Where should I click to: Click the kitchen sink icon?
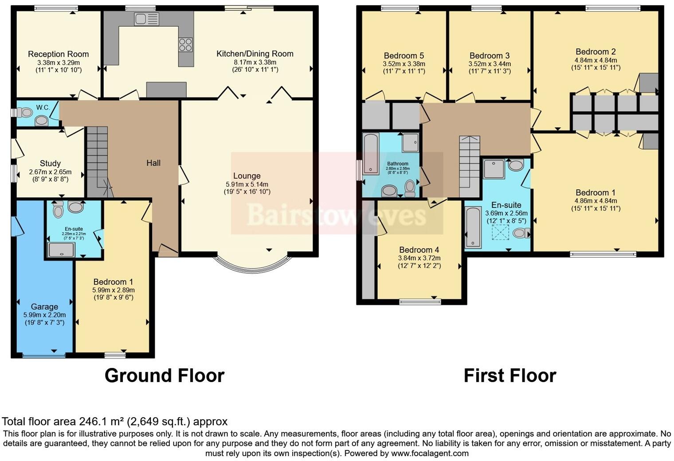(x=146, y=19)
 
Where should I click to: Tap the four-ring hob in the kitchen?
(x=185, y=45)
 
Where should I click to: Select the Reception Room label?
(x=58, y=54)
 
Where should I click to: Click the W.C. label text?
(x=43, y=107)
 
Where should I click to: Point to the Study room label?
(x=50, y=163)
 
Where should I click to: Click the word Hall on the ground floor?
(x=153, y=163)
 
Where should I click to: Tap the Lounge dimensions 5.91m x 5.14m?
(x=247, y=184)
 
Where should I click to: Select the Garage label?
(x=44, y=307)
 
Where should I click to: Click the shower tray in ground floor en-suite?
(x=61, y=250)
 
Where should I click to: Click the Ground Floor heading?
(x=164, y=375)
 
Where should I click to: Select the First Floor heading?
(x=509, y=375)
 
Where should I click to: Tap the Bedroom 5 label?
(x=404, y=55)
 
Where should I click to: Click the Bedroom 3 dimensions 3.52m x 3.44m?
(x=490, y=63)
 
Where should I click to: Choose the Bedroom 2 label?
(x=596, y=51)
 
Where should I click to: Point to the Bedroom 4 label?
(x=419, y=250)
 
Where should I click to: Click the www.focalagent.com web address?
(x=429, y=453)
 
